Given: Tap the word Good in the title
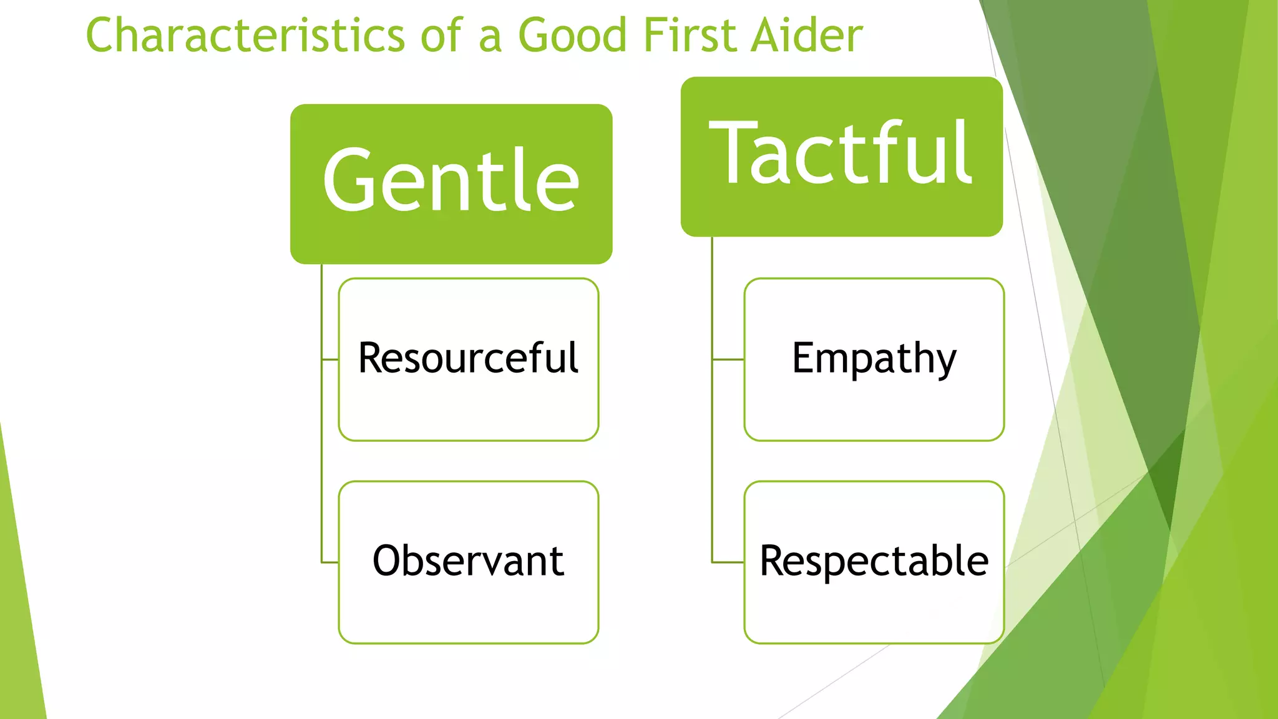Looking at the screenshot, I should click(x=572, y=35).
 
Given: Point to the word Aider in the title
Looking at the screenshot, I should click(x=807, y=35).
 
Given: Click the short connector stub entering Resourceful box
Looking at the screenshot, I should click(x=330, y=359).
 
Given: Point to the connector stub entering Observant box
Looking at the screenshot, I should click(x=330, y=563).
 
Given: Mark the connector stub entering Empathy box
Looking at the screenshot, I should click(x=728, y=359).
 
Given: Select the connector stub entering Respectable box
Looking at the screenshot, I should click(x=728, y=562).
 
